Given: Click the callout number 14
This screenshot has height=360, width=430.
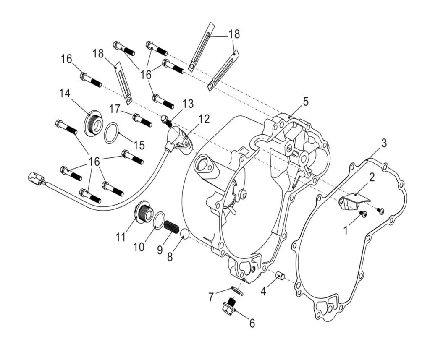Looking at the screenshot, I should tap(65, 93).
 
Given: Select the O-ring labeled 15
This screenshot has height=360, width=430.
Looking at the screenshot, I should tap(111, 133).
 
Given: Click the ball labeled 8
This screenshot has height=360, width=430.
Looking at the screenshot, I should tap(185, 233).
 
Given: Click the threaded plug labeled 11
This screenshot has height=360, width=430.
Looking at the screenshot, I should tap(144, 212).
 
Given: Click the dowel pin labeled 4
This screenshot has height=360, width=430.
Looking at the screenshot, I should tap(280, 276).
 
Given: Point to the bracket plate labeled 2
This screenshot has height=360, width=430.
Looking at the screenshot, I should tap(354, 200).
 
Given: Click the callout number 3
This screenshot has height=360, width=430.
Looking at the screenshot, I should tap(383, 142).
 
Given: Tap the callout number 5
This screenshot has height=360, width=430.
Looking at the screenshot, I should tap(306, 101).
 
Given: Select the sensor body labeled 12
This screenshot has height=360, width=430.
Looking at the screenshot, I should tap(178, 139).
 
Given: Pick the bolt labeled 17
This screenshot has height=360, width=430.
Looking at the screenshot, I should tap(142, 120).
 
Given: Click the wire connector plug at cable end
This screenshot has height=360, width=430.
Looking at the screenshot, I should tap(35, 179).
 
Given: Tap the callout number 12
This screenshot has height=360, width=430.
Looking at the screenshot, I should tap(204, 119).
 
